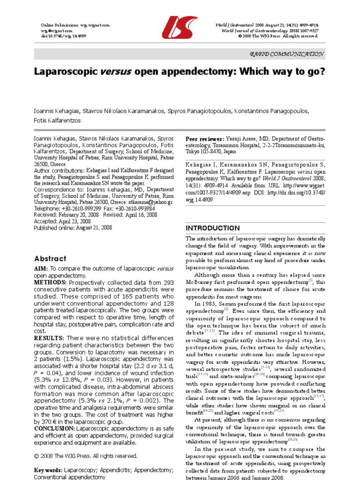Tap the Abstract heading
pyautogui.click(x=50, y=258)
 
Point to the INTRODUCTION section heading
pyautogui.click(x=213, y=228)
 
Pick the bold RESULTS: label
pyautogui.click(x=49, y=338)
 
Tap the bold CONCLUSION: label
pyautogui.click(x=55, y=427)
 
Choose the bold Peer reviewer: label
pyautogui.click(x=205, y=139)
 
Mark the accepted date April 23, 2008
pyautogui.click(x=78, y=221)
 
